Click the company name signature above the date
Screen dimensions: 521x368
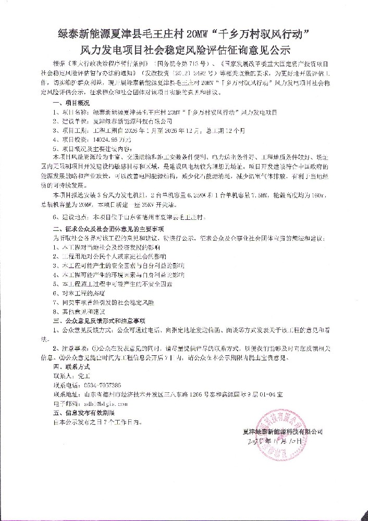(283, 431)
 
